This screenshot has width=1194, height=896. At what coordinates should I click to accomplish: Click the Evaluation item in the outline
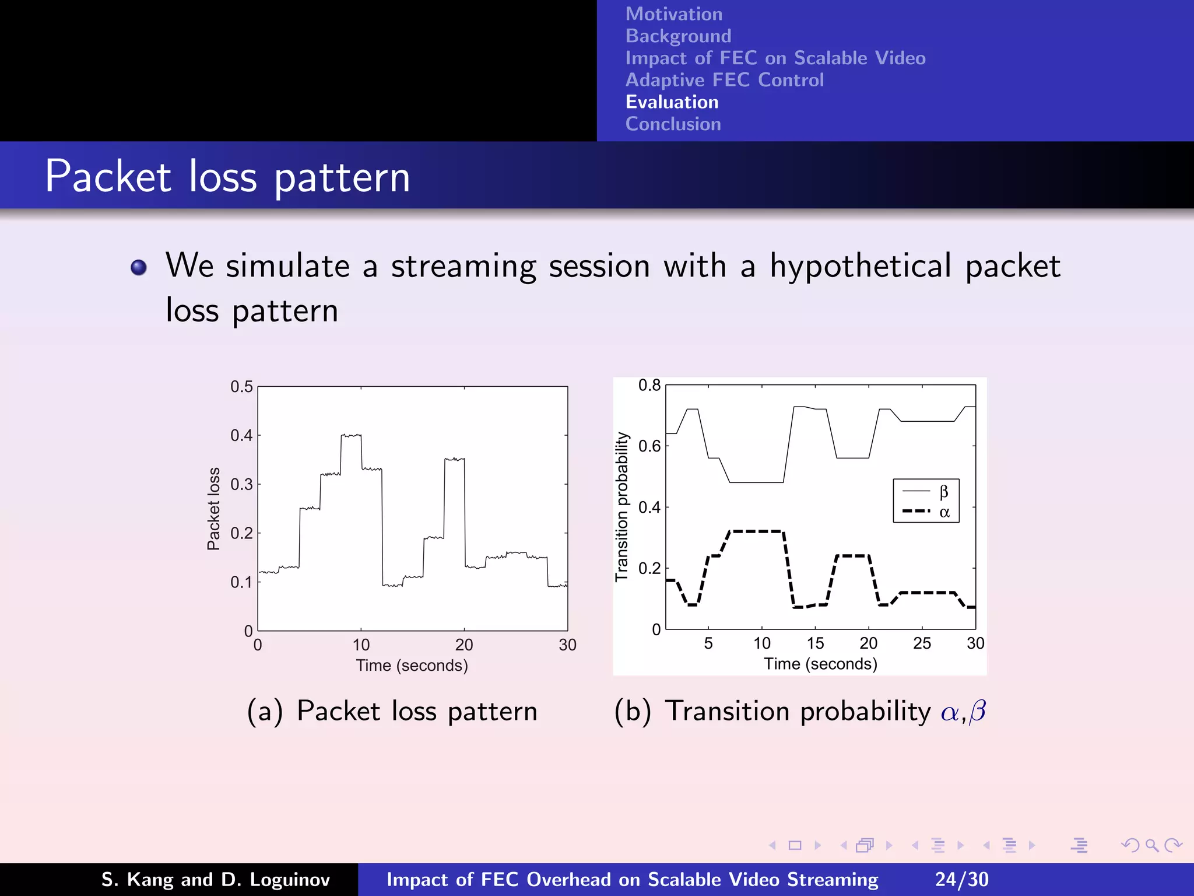pos(672,102)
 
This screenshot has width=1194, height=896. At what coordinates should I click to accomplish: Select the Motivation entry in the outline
pos(673,14)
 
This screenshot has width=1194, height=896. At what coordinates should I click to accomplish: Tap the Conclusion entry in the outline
pos(673,124)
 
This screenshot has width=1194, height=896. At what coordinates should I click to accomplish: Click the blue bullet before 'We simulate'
pos(139,267)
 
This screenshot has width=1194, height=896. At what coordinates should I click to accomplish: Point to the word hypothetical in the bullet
pos(861,267)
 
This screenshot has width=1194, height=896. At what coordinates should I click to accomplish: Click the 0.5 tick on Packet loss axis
pos(241,387)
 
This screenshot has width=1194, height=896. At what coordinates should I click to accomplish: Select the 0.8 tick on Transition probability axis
pos(649,385)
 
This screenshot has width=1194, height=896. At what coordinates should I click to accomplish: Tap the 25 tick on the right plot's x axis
pos(922,643)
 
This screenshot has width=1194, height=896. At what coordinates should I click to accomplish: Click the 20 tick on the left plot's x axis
pos(464,645)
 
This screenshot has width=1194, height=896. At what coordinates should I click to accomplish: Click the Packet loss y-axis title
pos(214,508)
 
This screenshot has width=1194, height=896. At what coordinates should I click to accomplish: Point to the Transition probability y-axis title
pos(622,506)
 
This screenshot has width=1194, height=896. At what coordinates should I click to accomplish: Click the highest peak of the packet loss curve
pos(351,435)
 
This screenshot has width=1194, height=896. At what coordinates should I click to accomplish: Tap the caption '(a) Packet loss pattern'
pos(392,711)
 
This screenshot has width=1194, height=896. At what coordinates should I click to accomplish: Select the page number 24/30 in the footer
pos(961,879)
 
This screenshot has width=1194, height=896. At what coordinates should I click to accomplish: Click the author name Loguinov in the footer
pos(289,880)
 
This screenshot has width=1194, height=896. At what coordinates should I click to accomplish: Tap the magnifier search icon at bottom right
pos(1151,845)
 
